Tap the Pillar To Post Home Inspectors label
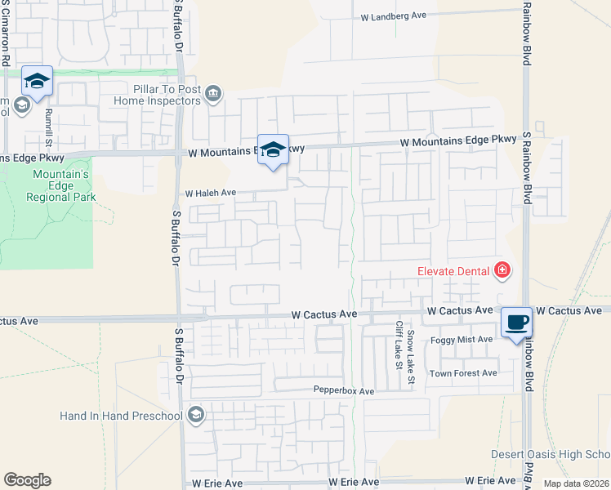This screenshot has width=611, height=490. pyautogui.click(x=155, y=95)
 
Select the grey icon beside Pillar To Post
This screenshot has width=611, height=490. pyautogui.click(x=213, y=94)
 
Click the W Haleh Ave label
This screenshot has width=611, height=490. pyautogui.click(x=210, y=194)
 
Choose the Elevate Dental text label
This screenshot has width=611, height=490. pyautogui.click(x=451, y=270)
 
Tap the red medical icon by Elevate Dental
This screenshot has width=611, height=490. pyautogui.click(x=502, y=270)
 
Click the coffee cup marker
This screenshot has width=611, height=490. pyautogui.click(x=516, y=322)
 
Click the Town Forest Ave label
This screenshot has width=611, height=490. pyautogui.click(x=464, y=373)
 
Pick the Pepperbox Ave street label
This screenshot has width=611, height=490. pyautogui.click(x=344, y=391)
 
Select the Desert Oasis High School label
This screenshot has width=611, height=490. pyautogui.click(x=550, y=454)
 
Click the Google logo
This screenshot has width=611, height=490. pyautogui.click(x=27, y=480)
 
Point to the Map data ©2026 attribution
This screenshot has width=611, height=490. pyautogui.click(x=576, y=483)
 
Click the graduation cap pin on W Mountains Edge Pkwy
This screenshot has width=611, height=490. pyautogui.click(x=274, y=149)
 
